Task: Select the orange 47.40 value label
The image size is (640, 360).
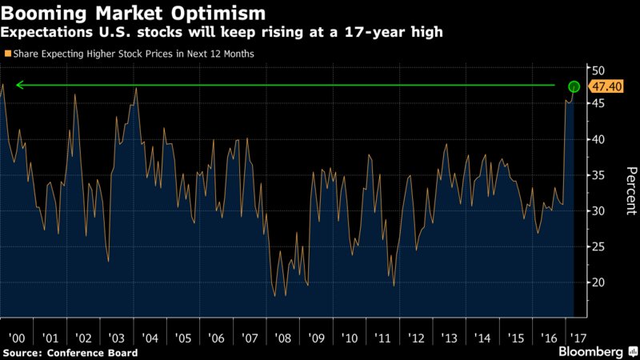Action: (x=602, y=86)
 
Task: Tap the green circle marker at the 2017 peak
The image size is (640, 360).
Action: (x=574, y=86)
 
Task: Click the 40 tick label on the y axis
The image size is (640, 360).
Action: (x=597, y=139)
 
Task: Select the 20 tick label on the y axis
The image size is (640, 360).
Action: (x=597, y=282)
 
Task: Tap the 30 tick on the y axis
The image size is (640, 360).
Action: (x=597, y=211)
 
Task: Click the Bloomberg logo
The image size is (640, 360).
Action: (x=591, y=352)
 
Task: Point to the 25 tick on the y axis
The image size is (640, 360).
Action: (x=597, y=246)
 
